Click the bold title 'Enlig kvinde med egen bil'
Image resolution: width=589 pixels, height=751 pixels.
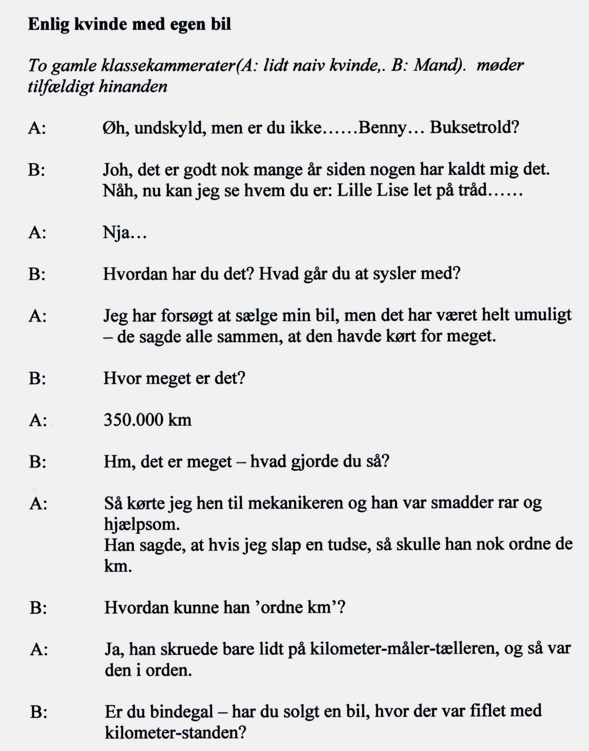(x=129, y=24)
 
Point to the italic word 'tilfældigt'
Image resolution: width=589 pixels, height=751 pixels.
(x=61, y=87)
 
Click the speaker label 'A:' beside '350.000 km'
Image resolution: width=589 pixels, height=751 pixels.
(x=38, y=420)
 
